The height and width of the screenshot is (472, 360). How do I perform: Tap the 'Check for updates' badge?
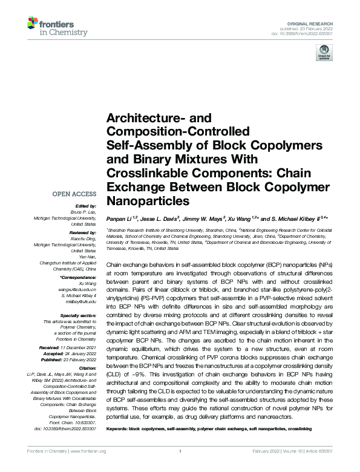pyautogui.click(x=322, y=55)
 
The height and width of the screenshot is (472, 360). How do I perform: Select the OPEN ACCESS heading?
pyautogui.click(x=75, y=194)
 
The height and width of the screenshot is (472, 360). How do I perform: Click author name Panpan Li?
pyautogui.click(x=120, y=217)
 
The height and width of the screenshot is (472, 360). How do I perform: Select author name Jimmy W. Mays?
pyautogui.click(x=205, y=217)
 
